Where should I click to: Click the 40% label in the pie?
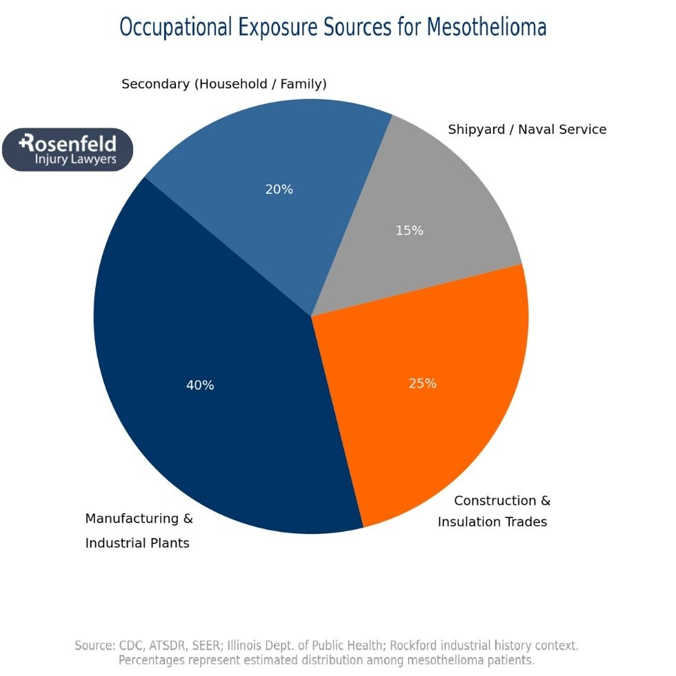click(x=200, y=386)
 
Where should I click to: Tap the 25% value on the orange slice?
click(x=422, y=384)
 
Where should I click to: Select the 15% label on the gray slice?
click(x=409, y=231)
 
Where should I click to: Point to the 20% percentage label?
click(x=279, y=190)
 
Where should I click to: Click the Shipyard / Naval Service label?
click(x=527, y=130)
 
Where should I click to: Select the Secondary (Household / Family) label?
click(x=223, y=84)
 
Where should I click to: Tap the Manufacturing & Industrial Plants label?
click(x=138, y=530)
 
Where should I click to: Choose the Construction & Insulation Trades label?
click(x=494, y=511)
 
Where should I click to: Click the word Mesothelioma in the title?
click(x=486, y=27)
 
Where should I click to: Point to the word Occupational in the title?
click(x=176, y=27)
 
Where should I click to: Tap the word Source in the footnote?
click(x=94, y=646)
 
